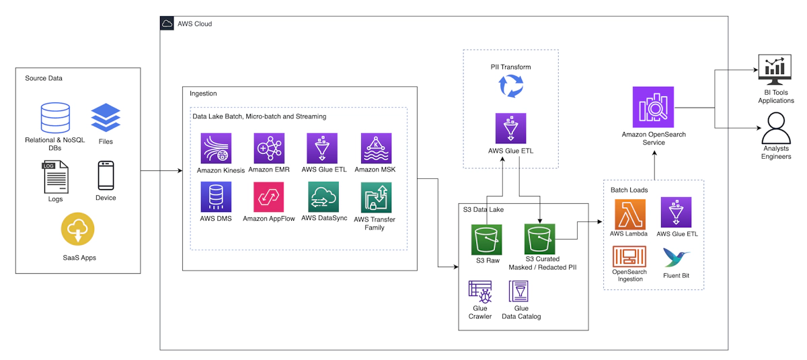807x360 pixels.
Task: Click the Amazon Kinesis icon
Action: (x=216, y=148)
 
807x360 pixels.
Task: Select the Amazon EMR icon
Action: (x=269, y=148)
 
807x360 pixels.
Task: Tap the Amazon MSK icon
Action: (x=376, y=148)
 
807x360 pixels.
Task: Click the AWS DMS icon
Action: (x=216, y=197)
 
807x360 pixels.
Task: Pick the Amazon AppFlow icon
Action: (x=269, y=197)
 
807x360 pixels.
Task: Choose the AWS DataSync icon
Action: (x=323, y=197)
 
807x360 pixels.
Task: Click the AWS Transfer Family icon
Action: (x=376, y=198)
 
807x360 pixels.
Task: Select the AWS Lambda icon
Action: (x=630, y=213)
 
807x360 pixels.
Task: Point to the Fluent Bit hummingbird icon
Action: (x=676, y=258)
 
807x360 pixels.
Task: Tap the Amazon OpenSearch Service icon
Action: (x=653, y=107)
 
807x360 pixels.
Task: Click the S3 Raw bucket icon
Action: (x=486, y=239)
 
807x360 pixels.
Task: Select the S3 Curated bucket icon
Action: (x=540, y=239)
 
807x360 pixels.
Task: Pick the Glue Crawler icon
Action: (x=480, y=291)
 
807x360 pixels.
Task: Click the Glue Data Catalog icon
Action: (x=521, y=291)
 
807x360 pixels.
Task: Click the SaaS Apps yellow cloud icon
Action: (x=77, y=229)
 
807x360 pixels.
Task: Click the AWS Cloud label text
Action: (x=194, y=24)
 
